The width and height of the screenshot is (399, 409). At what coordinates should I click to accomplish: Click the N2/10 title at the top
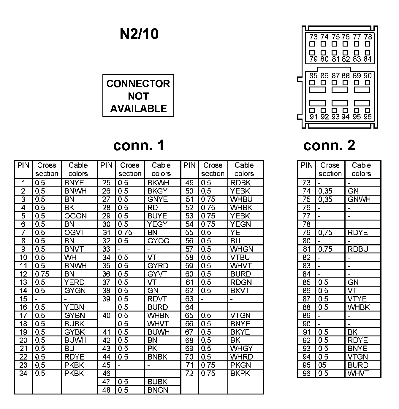coord(139,34)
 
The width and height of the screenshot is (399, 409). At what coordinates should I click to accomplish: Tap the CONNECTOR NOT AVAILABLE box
coord(138,96)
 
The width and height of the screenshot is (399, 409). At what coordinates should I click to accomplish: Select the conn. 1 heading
coord(139,146)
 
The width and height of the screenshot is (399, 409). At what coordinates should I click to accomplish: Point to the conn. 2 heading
coord(329,146)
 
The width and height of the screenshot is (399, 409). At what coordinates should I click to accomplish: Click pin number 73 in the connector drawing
coord(313,37)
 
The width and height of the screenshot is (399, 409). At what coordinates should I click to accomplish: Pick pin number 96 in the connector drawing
coord(368,117)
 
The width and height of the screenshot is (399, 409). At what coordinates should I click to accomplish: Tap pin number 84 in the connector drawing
coord(368,59)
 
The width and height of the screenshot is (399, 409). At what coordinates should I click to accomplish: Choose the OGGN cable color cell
coord(75,216)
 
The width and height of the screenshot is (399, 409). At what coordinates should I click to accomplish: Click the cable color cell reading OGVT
coord(75,233)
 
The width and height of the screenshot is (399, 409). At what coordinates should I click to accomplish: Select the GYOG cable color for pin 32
coord(158,241)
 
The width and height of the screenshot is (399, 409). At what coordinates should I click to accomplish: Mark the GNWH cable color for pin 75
coord(359,199)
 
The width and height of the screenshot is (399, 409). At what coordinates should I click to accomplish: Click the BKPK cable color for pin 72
coord(240,374)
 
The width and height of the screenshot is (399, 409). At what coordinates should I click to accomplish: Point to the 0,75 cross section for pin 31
coord(125,233)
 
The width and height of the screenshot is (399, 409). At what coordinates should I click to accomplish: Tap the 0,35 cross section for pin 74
coord(325,191)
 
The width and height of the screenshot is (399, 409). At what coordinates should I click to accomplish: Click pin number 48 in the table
coord(106,390)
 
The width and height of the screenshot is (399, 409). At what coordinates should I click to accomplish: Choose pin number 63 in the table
coord(189,299)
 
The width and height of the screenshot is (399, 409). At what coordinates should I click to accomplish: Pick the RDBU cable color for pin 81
coord(358,249)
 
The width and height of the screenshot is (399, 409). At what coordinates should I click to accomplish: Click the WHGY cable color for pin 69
coord(241,349)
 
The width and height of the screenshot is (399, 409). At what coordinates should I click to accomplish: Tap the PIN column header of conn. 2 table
coord(306,165)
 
